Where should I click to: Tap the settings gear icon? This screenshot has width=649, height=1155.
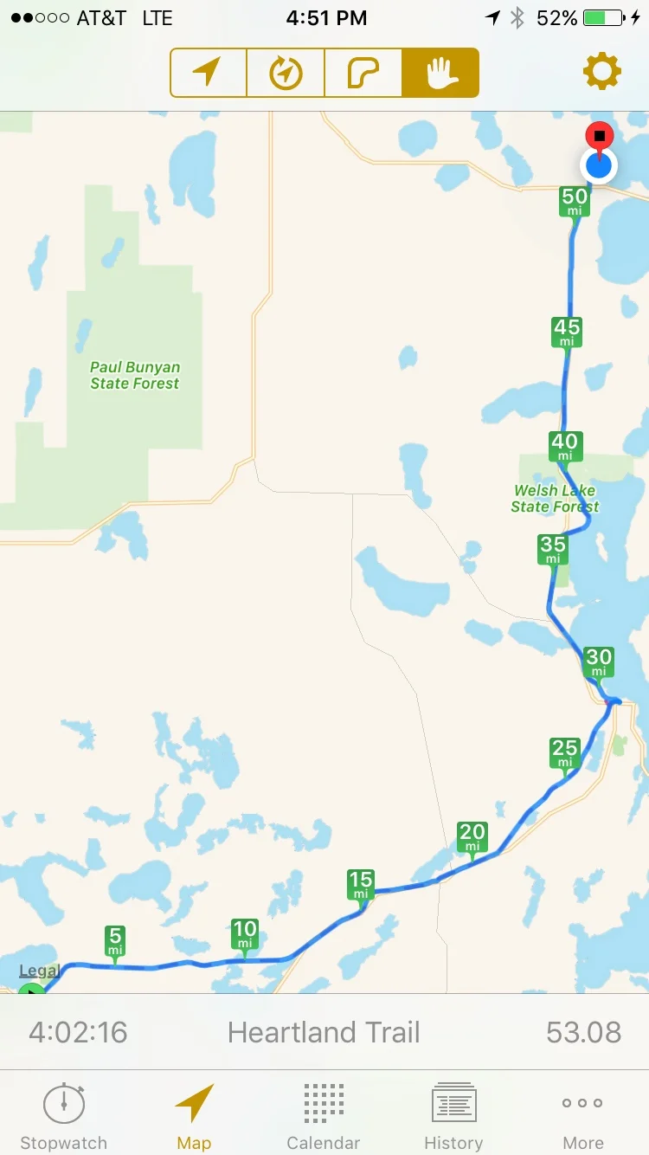tap(602, 72)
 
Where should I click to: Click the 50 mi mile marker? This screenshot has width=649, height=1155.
tap(575, 202)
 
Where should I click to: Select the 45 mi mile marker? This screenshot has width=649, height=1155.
tap(567, 332)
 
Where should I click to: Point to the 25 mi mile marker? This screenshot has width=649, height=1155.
tap(565, 752)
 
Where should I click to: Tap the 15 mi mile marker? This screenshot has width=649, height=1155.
tap(361, 885)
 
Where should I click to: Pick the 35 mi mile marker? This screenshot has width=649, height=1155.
tap(553, 549)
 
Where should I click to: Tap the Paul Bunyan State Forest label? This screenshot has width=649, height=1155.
tap(134, 376)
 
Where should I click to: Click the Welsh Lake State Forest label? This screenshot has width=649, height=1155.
tap(555, 499)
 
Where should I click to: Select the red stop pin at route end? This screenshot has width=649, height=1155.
tap(599, 137)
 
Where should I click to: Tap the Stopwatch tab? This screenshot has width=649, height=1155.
tap(63, 1116)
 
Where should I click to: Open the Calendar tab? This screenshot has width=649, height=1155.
tap(324, 1116)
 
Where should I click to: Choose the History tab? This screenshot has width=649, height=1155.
tap(453, 1116)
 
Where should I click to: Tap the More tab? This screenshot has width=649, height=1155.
tap(583, 1116)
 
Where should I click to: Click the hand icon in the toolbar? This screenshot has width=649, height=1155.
tap(440, 73)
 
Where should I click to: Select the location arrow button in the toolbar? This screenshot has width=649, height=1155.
tap(208, 73)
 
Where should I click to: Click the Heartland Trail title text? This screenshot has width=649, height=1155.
tap(324, 1032)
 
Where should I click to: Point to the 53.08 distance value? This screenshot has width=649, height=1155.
tap(583, 1032)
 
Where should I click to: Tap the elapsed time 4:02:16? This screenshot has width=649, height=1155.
tap(78, 1032)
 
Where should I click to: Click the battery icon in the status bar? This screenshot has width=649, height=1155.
tap(605, 18)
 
